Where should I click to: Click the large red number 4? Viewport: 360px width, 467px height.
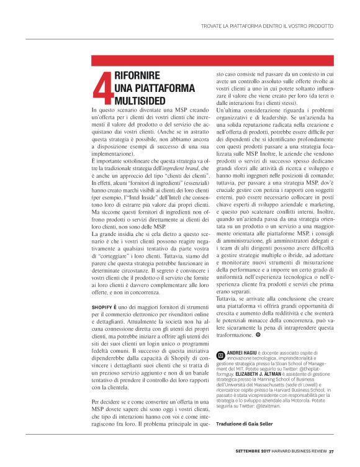pos(102,89)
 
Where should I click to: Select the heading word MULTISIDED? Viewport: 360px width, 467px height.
pos(140,99)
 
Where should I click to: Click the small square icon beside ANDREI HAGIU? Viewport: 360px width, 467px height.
pos(220,353)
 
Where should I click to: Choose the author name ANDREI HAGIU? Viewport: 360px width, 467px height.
pos(243,351)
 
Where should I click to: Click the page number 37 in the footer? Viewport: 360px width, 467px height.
pos(331,451)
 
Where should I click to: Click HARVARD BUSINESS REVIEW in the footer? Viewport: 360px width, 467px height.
pos(299,451)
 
